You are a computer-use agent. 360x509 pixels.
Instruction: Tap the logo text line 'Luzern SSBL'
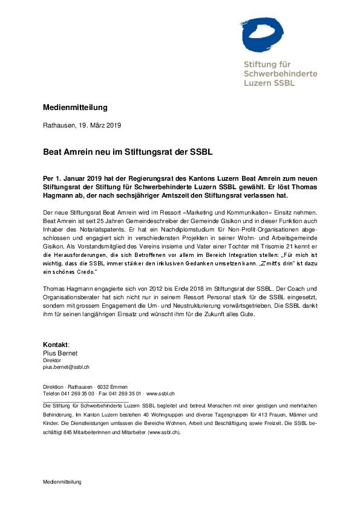[x=269, y=82]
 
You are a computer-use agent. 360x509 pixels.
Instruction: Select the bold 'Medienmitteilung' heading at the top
[x=75, y=108]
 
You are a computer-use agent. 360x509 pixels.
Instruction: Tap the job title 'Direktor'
[x=52, y=360]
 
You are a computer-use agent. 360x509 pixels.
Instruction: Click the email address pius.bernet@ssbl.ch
[x=66, y=367]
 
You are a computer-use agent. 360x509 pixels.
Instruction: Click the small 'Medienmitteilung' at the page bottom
[x=62, y=482]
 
